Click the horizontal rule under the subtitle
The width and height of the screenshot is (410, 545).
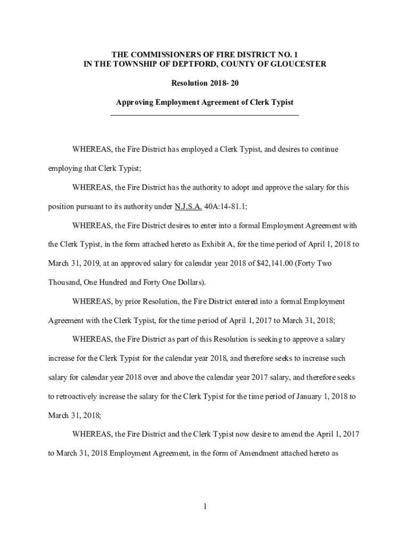point(204,115)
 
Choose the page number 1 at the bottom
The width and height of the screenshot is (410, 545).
point(204,506)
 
